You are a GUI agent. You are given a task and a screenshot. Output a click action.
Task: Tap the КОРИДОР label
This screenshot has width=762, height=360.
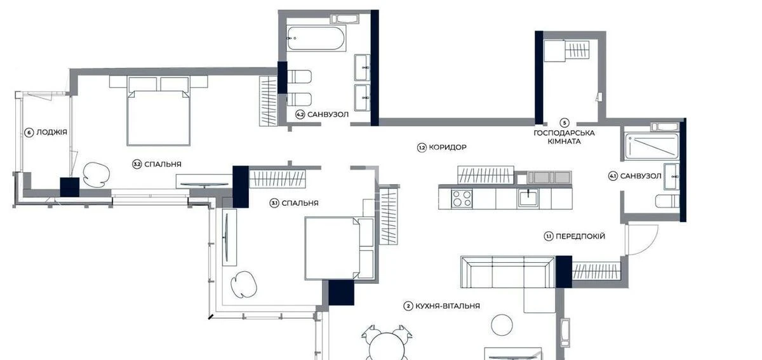pyautogui.click(x=448, y=147)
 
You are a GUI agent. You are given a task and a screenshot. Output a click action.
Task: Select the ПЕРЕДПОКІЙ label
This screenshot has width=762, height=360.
pyautogui.click(x=580, y=236)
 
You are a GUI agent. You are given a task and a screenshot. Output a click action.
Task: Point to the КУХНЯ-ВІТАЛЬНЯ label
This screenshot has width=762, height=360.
pyautogui.click(x=448, y=306)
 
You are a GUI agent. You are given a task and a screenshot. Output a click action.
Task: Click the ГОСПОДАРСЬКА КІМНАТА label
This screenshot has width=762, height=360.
pyautogui.click(x=564, y=137)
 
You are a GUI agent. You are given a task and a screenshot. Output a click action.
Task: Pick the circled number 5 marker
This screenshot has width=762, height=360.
pyautogui.click(x=564, y=123)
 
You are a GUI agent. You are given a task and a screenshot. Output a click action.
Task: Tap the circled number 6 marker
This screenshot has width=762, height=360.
pyautogui.click(x=29, y=133)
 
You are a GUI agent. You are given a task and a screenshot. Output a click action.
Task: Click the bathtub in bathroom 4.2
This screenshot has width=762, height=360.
pyautogui.click(x=316, y=39)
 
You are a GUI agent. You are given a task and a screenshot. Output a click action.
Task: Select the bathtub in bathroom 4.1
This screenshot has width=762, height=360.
pyautogui.click(x=652, y=145)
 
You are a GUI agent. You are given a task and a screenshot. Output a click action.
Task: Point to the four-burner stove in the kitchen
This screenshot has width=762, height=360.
pyautogui.click(x=462, y=199)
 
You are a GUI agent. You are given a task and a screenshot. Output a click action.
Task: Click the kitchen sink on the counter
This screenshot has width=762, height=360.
pyautogui.click(x=528, y=198)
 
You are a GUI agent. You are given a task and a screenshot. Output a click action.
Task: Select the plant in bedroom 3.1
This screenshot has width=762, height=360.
pyautogui.click(x=244, y=283)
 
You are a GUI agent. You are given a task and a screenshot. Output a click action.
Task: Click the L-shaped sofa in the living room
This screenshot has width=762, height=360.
pyautogui.click(x=508, y=274)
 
